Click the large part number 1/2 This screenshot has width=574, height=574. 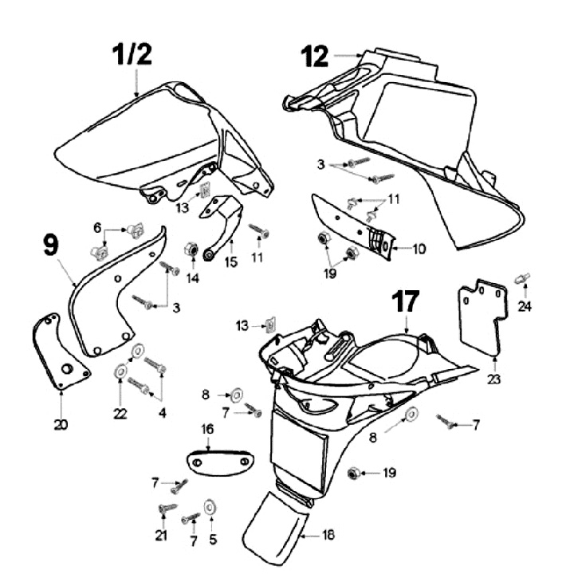click(132, 54)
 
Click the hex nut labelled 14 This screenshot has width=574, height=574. click(191, 250)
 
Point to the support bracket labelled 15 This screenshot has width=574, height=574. click(223, 223)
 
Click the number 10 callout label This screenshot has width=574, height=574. click(419, 249)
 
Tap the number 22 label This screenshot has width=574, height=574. click(120, 412)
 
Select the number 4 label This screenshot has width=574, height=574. click(163, 413)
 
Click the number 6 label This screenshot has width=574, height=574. click(97, 228)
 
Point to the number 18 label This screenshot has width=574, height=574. click(328, 536)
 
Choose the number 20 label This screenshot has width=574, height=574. click(61, 424)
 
